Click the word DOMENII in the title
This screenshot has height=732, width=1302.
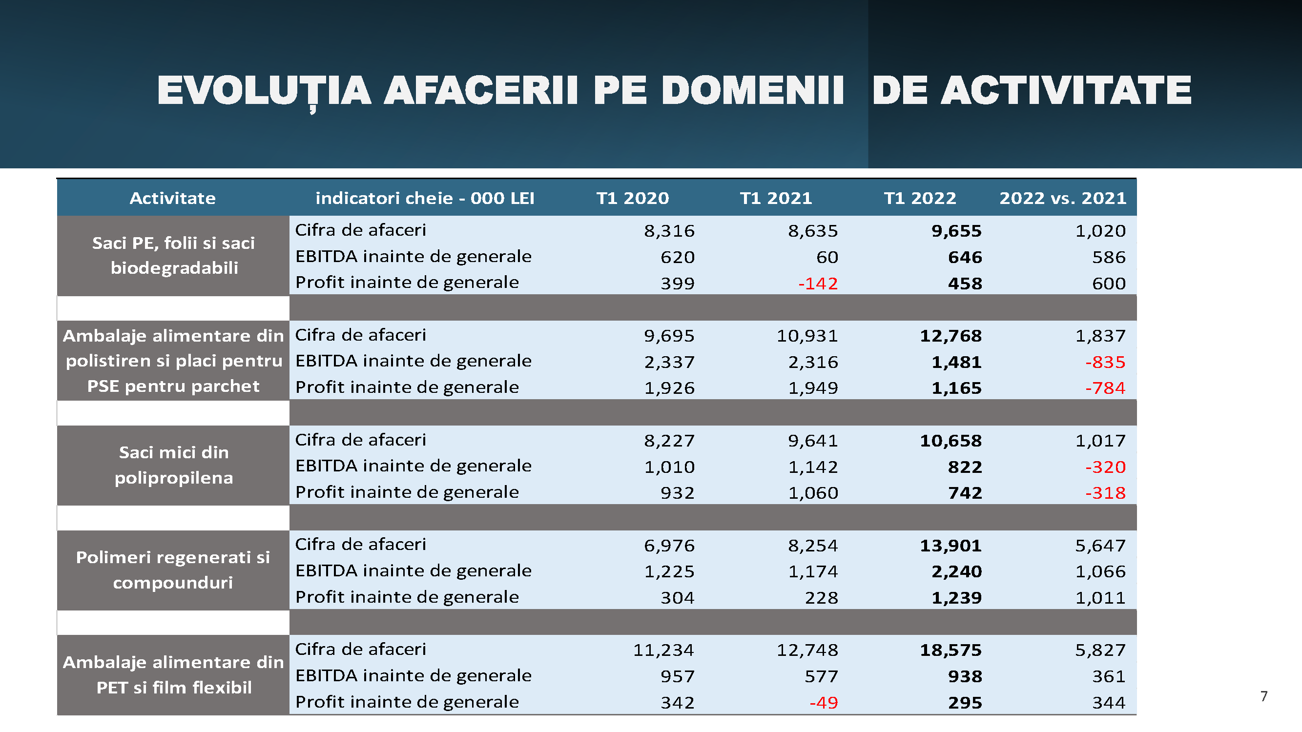coord(753,91)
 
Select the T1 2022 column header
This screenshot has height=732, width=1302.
coord(919,198)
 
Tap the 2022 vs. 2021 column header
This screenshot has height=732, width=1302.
coord(1062,198)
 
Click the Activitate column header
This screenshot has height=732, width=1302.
coord(172,198)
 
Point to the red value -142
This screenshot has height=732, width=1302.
coord(818,284)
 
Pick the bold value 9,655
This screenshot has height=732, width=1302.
coord(956,231)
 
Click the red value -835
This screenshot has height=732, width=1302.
coord(1105,362)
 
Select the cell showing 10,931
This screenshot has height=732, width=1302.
coord(807,336)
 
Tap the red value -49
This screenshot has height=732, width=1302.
coord(824,703)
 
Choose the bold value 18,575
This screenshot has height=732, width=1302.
coord(950,650)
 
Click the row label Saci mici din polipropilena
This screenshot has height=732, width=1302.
coord(173,465)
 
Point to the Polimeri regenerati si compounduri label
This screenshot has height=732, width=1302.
coord(173,570)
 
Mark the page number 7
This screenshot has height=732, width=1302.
coord(1263,697)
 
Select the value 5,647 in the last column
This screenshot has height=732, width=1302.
coord(1100,546)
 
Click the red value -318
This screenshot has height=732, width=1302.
coord(1105,493)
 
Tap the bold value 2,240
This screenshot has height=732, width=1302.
coord(956,572)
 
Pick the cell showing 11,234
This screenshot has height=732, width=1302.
coord(663,650)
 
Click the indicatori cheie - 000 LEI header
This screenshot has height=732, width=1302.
coord(425,198)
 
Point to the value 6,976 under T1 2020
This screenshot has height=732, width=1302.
coord(669,546)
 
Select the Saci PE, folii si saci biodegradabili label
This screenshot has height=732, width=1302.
coord(173,256)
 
